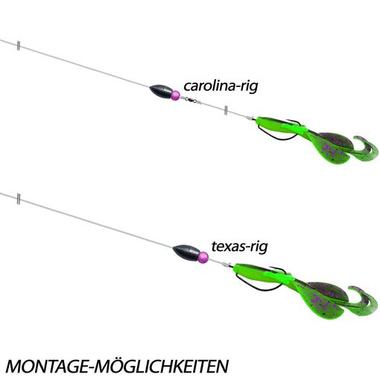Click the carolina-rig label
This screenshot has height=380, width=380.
tap(221, 86)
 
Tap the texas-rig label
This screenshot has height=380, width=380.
tap(239, 247)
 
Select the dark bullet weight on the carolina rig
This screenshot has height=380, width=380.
tap(161, 91)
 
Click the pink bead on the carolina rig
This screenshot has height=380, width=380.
tap(175, 95)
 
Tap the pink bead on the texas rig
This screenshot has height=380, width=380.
tap(203, 257)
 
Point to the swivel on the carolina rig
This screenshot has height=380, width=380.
tap(191, 100)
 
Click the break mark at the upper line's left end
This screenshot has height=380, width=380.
tap(19, 45)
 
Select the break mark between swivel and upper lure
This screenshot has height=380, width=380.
tap(226, 110)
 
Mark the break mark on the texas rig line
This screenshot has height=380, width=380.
tap(19, 199)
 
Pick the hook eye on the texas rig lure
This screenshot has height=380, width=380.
tap(226, 265)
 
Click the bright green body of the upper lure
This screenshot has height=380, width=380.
tap(278, 126)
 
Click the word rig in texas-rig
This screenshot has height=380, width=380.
tap(259, 247)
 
